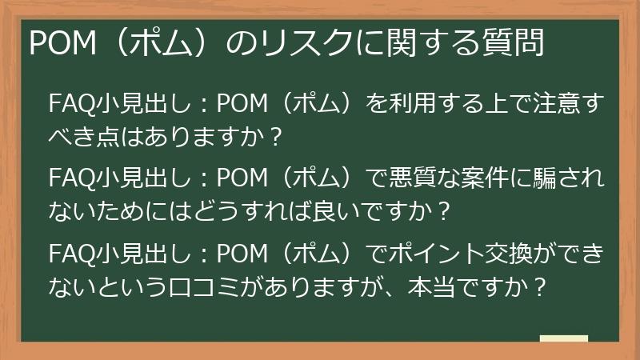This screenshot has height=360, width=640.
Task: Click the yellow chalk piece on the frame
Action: point(563,340)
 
